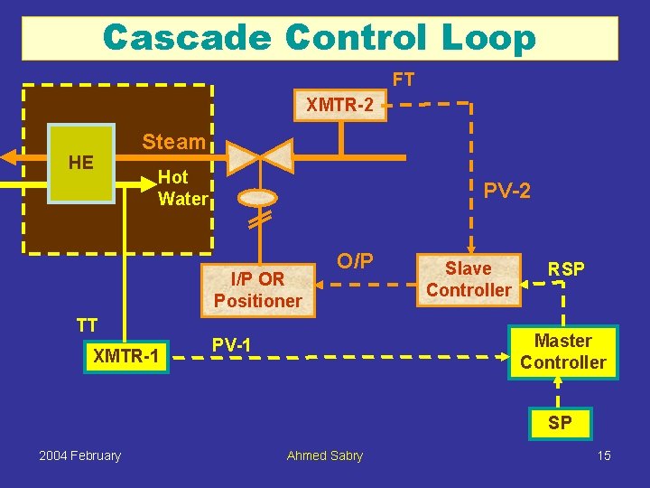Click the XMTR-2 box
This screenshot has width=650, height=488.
coord(340,106)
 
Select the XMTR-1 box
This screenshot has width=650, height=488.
coord(126,358)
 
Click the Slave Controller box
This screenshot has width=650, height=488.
coord(468,279)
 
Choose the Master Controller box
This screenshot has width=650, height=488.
coord(563,352)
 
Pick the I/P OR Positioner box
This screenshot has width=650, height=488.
coord(258,289)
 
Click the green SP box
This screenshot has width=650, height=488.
coord(560,423)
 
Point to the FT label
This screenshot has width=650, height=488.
coord(403,80)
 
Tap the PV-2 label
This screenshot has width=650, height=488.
coord(506,191)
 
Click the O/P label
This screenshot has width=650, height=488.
coord(355,261)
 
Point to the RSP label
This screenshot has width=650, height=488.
coord(566,268)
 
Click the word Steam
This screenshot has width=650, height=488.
coord(173,142)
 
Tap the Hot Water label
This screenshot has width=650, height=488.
coord(182,188)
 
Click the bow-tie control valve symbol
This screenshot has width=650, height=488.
coord(258,156)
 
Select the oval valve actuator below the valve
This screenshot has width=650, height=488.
coord(258,197)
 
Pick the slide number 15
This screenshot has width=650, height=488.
coord(604,455)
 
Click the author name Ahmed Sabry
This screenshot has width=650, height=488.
coord(324,455)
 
